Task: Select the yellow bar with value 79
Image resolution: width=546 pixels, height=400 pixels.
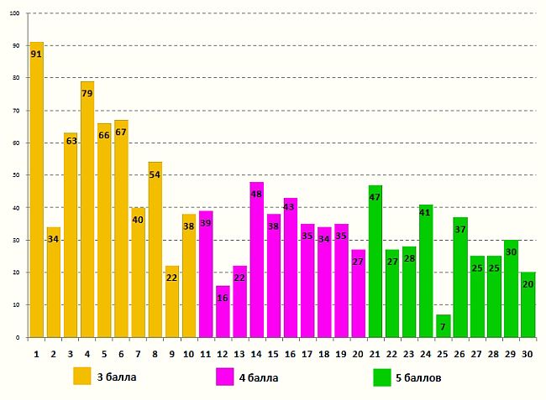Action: pyautogui.click(x=87, y=210)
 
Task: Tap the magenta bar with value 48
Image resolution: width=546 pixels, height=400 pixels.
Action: pyautogui.click(x=256, y=260)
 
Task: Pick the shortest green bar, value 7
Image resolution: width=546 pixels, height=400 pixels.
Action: pyautogui.click(x=443, y=326)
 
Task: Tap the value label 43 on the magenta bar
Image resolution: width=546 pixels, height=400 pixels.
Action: pyautogui.click(x=290, y=206)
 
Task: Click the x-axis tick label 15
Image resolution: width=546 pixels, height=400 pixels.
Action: pyautogui.click(x=273, y=353)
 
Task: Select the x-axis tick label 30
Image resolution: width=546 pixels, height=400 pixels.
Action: pyautogui.click(x=527, y=353)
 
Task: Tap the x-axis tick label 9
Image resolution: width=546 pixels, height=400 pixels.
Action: pyautogui.click(x=171, y=353)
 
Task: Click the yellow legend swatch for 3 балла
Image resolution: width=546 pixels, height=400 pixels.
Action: pyautogui.click(x=81, y=377)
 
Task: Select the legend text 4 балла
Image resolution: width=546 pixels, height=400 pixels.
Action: pyautogui.click(x=259, y=377)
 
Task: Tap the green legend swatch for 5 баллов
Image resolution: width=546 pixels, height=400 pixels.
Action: pyautogui.click(x=382, y=377)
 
